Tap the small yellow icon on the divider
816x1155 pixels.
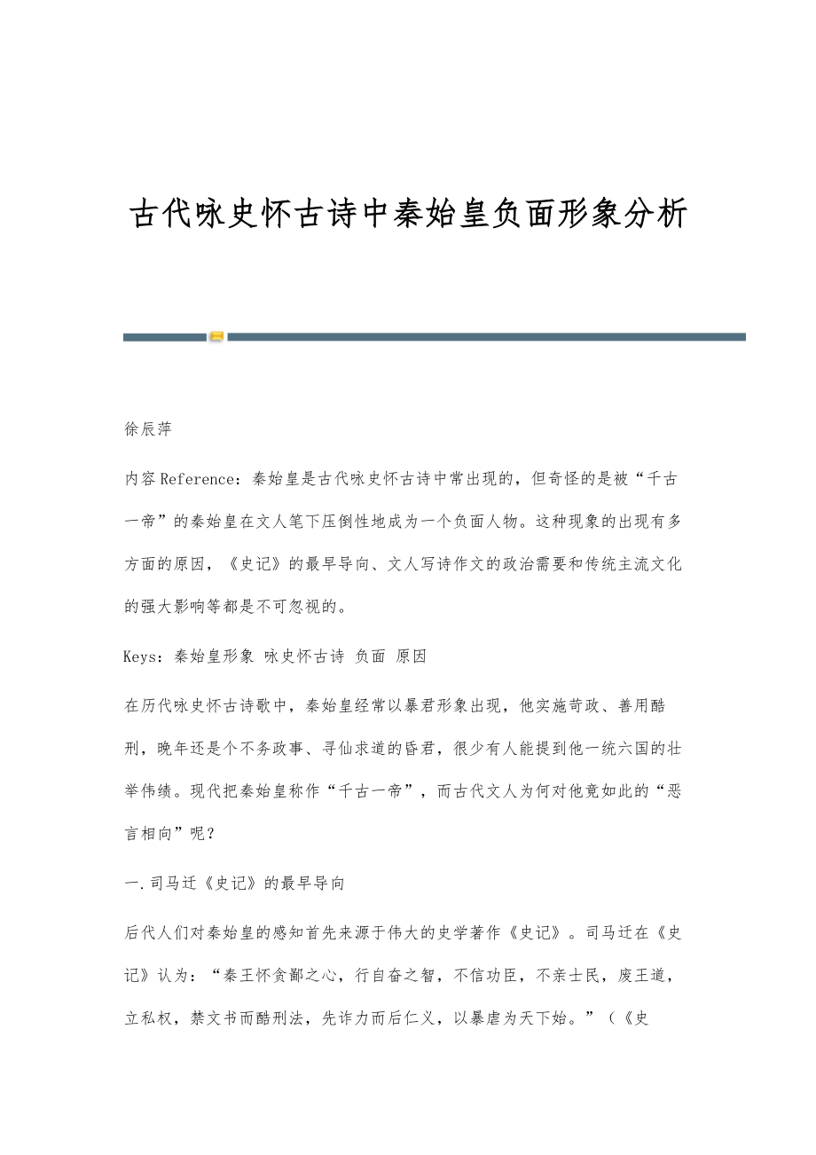tap(216, 336)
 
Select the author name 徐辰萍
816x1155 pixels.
tap(147, 429)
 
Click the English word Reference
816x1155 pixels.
tap(201, 479)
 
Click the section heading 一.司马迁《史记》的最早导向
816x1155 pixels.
tap(235, 883)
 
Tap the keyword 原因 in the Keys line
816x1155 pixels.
tap(411, 656)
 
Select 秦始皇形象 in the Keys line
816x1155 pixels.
tap(215, 656)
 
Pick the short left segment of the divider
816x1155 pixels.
tap(164, 336)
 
